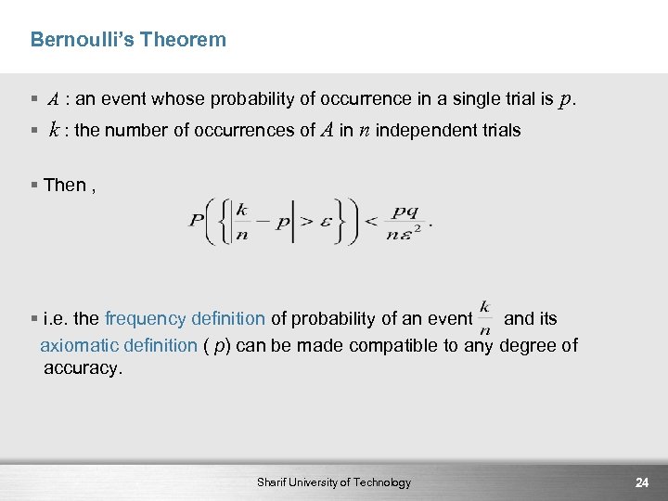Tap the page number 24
[641, 482]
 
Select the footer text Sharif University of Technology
[334, 482]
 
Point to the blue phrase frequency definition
[185, 319]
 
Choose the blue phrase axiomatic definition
[119, 346]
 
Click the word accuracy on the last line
[83, 368]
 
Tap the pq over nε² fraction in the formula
[407, 224]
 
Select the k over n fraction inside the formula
[241, 224]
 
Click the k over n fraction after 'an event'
[485, 318]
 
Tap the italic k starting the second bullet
[56, 130]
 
